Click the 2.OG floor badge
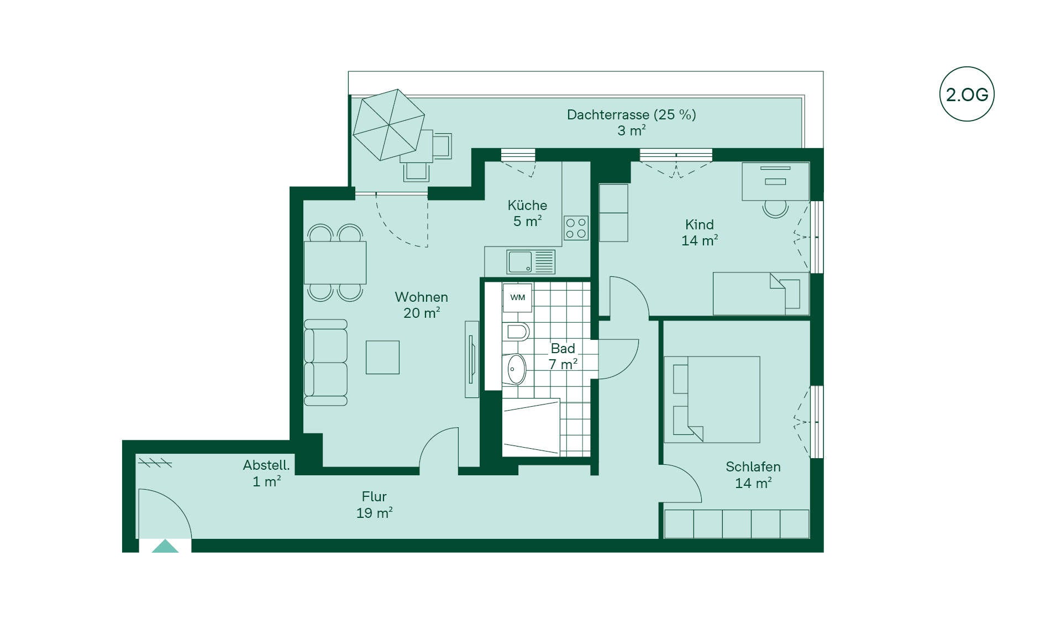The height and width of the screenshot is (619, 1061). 967,94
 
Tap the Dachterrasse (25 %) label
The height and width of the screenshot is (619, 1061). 632,115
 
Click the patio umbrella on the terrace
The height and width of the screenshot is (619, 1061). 388,124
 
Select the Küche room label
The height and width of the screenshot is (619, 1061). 527,206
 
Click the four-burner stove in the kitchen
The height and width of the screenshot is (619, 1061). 576,228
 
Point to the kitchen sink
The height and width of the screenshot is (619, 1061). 530,262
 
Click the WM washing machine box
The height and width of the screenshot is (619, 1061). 517,297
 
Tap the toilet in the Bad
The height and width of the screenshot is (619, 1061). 516,332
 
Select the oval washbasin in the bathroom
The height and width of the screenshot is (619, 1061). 516,369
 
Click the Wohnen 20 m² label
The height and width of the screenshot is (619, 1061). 422,305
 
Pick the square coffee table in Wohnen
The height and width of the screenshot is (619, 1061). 382,358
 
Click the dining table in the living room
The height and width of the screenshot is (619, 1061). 335,263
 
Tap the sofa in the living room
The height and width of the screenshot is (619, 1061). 325,363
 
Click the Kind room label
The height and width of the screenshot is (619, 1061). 700,225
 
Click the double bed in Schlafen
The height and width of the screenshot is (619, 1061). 712,400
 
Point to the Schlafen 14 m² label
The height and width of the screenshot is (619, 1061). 753,475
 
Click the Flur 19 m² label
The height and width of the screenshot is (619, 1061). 375,505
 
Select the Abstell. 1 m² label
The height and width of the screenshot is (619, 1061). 266,473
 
